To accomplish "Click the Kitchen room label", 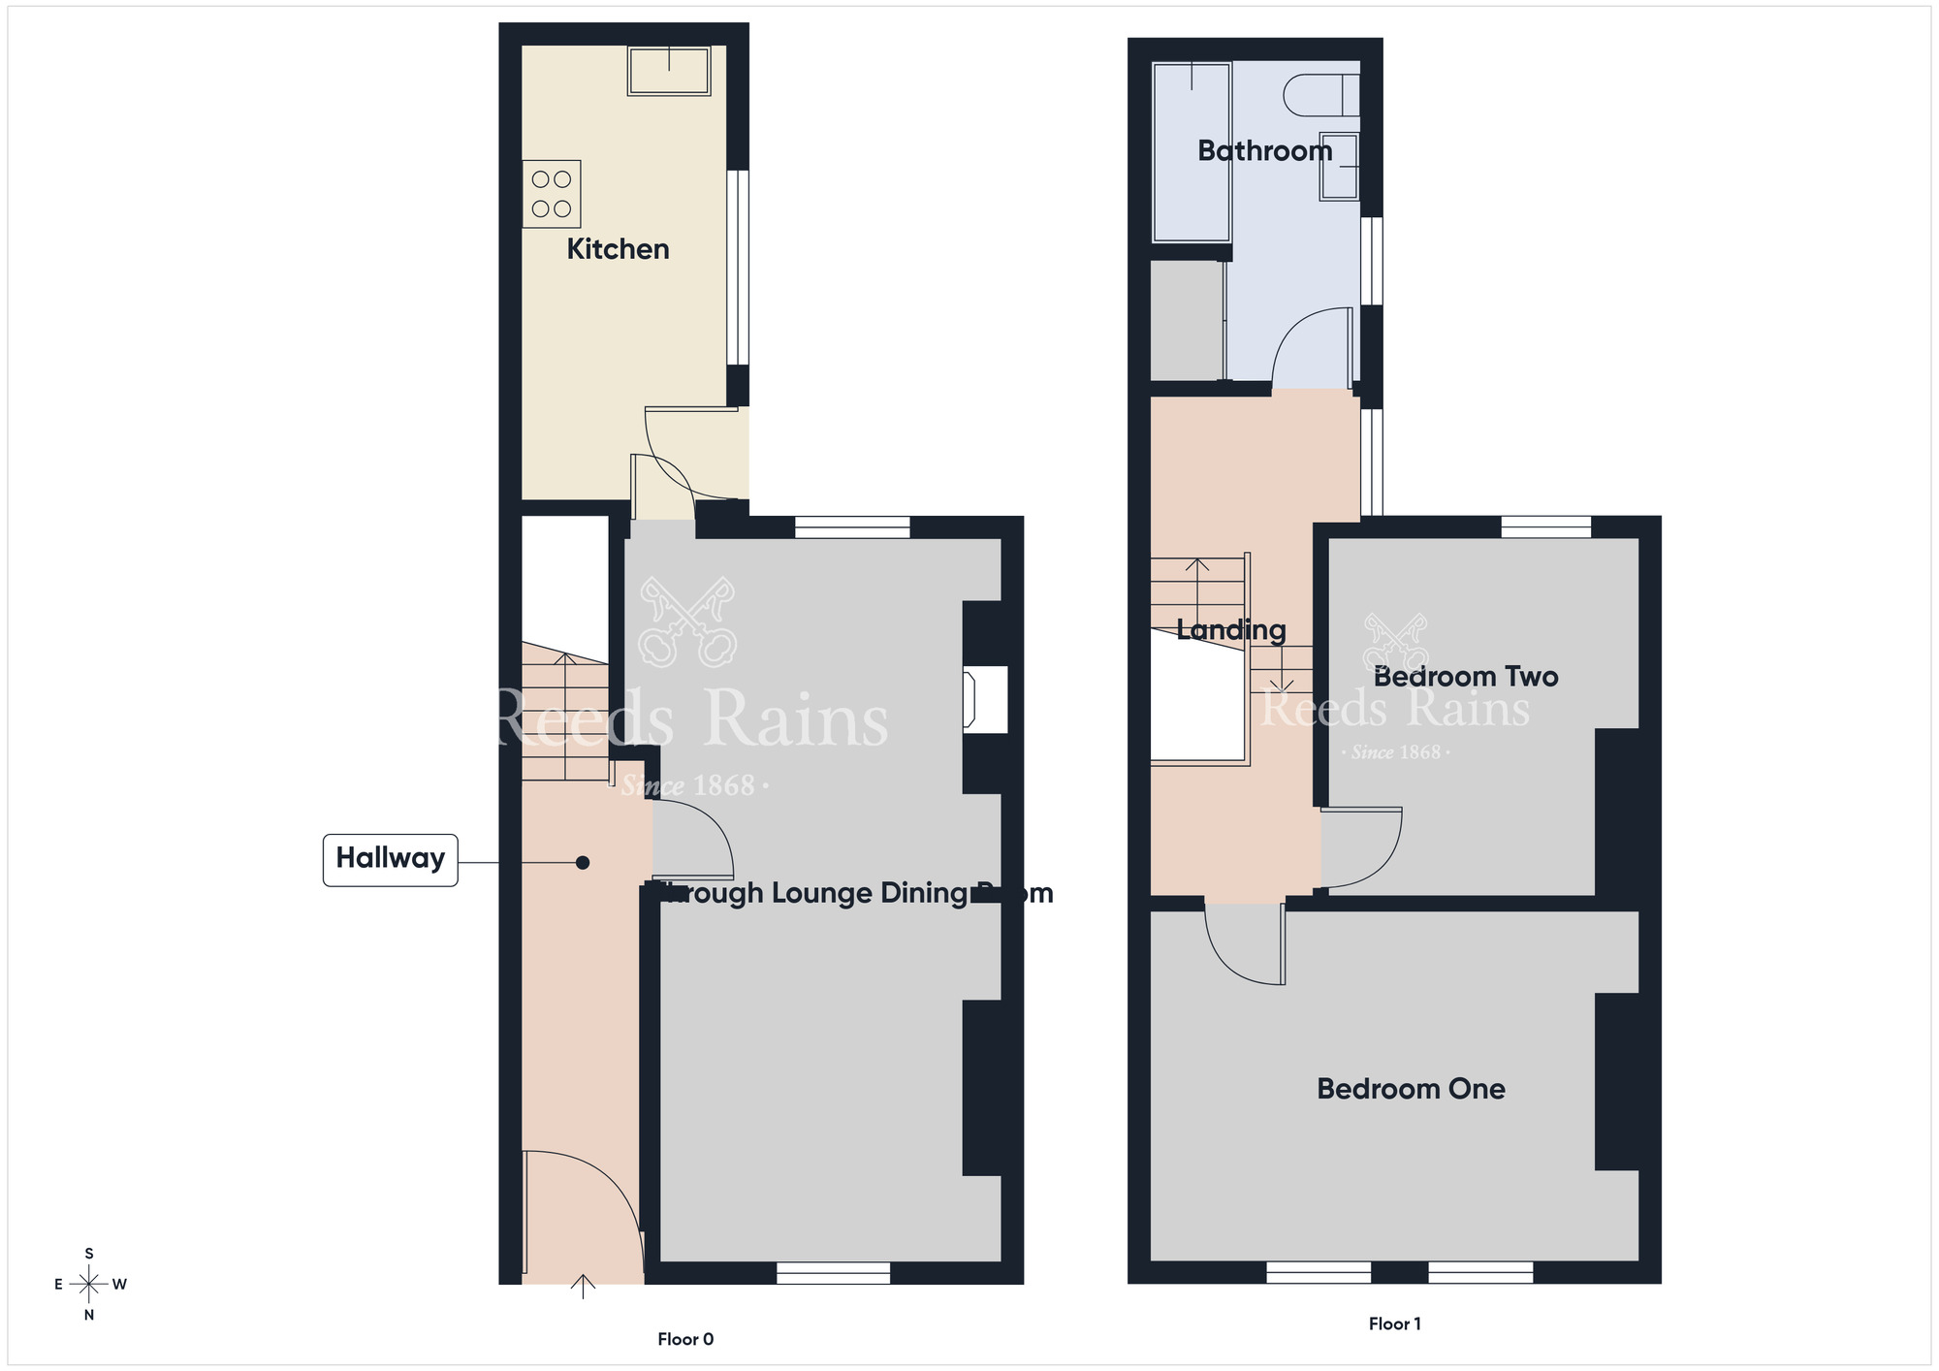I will [618, 249].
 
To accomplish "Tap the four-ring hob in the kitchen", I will [551, 194].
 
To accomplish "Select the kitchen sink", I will [669, 71].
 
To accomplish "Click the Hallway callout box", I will [390, 859].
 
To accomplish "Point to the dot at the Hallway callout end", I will [582, 862].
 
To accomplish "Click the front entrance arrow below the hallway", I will [582, 1287].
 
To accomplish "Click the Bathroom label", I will [1264, 151].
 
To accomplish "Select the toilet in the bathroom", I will [1319, 96].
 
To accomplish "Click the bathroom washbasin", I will [1339, 167].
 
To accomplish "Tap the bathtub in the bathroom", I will [1192, 152].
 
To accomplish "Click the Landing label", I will [1231, 630].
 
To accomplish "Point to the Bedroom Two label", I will [1465, 677].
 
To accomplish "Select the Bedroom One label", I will [1411, 1089].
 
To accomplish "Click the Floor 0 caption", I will [685, 1339].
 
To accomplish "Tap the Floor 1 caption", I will [1394, 1323].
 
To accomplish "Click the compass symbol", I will [89, 1285].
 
